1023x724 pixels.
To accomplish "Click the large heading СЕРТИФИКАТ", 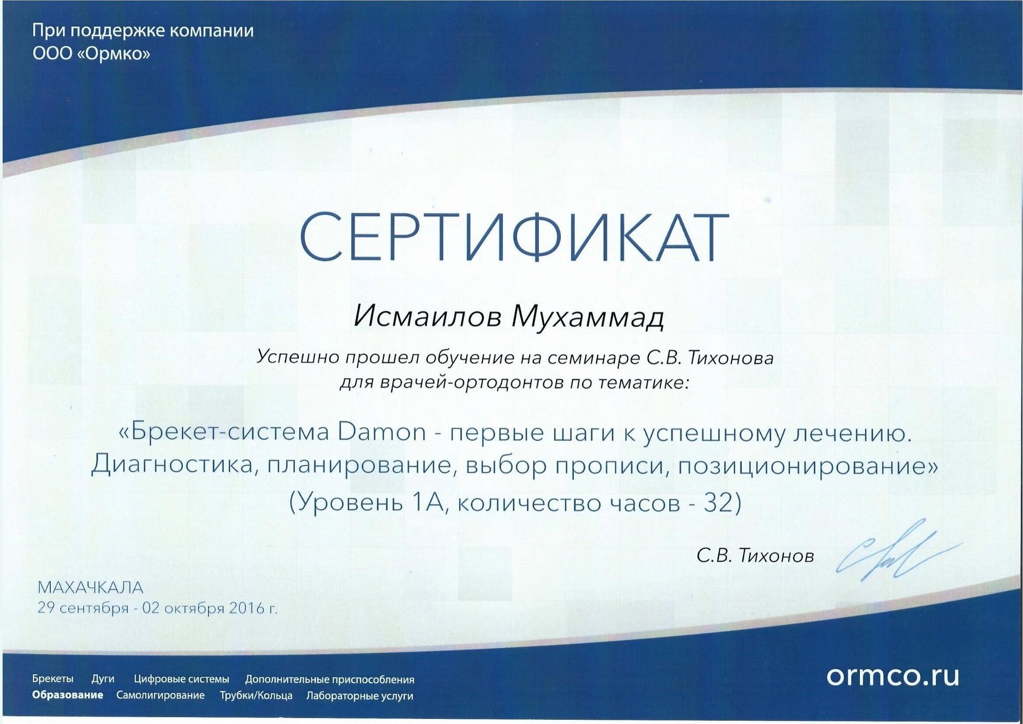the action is pos(514,237).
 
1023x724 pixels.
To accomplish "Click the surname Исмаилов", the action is pos(428,317).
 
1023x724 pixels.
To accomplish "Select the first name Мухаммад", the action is pos(588,318).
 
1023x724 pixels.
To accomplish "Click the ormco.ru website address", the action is pos(893,676).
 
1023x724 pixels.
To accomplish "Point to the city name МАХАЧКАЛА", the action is pos(91,587).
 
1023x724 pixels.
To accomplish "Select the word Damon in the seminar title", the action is pos(382,432).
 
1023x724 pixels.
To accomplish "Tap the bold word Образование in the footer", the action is pos(68,695).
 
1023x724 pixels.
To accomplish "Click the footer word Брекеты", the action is pos(53,679).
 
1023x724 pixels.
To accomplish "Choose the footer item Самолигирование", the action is pos(160,695).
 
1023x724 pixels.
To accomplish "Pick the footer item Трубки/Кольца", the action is pos(256,696).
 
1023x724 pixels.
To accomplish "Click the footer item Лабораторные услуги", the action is pos(360,696).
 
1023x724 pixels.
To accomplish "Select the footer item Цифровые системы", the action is pos(182,679).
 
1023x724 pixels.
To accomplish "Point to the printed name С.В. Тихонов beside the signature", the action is pos(755,556).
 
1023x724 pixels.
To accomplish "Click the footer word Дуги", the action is pos(103,679).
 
